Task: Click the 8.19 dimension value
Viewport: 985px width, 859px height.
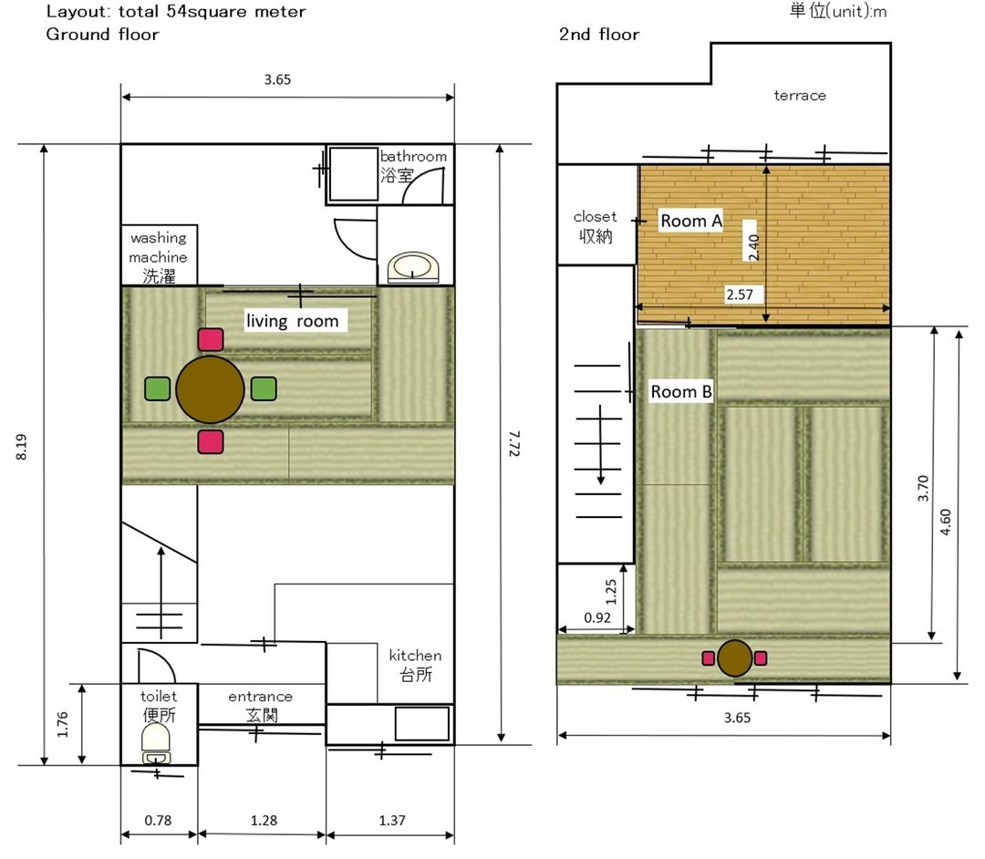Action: point(21,447)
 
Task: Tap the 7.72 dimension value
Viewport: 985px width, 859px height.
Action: point(513,443)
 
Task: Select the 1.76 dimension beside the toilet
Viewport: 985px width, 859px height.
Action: point(62,724)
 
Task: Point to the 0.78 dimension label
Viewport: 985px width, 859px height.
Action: point(158,820)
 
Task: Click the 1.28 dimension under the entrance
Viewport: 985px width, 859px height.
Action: point(264,820)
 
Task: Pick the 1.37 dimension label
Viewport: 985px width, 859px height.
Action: point(392,820)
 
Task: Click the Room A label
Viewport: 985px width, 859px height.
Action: point(691,221)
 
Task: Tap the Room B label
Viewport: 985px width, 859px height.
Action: point(681,392)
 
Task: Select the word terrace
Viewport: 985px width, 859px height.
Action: point(800,96)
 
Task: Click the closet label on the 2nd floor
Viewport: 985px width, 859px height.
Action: point(595,217)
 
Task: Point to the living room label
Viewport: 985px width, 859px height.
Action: point(292,321)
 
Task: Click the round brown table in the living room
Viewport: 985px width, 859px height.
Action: point(210,389)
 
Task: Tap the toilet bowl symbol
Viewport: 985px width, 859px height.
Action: point(156,743)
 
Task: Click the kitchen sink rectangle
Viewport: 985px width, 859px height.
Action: point(422,723)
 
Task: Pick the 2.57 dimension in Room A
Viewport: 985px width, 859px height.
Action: point(740,295)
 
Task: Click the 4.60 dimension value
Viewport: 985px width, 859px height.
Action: point(946,522)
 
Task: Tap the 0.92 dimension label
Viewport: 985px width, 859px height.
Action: point(597,618)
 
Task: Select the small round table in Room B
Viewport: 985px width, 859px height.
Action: point(734,658)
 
